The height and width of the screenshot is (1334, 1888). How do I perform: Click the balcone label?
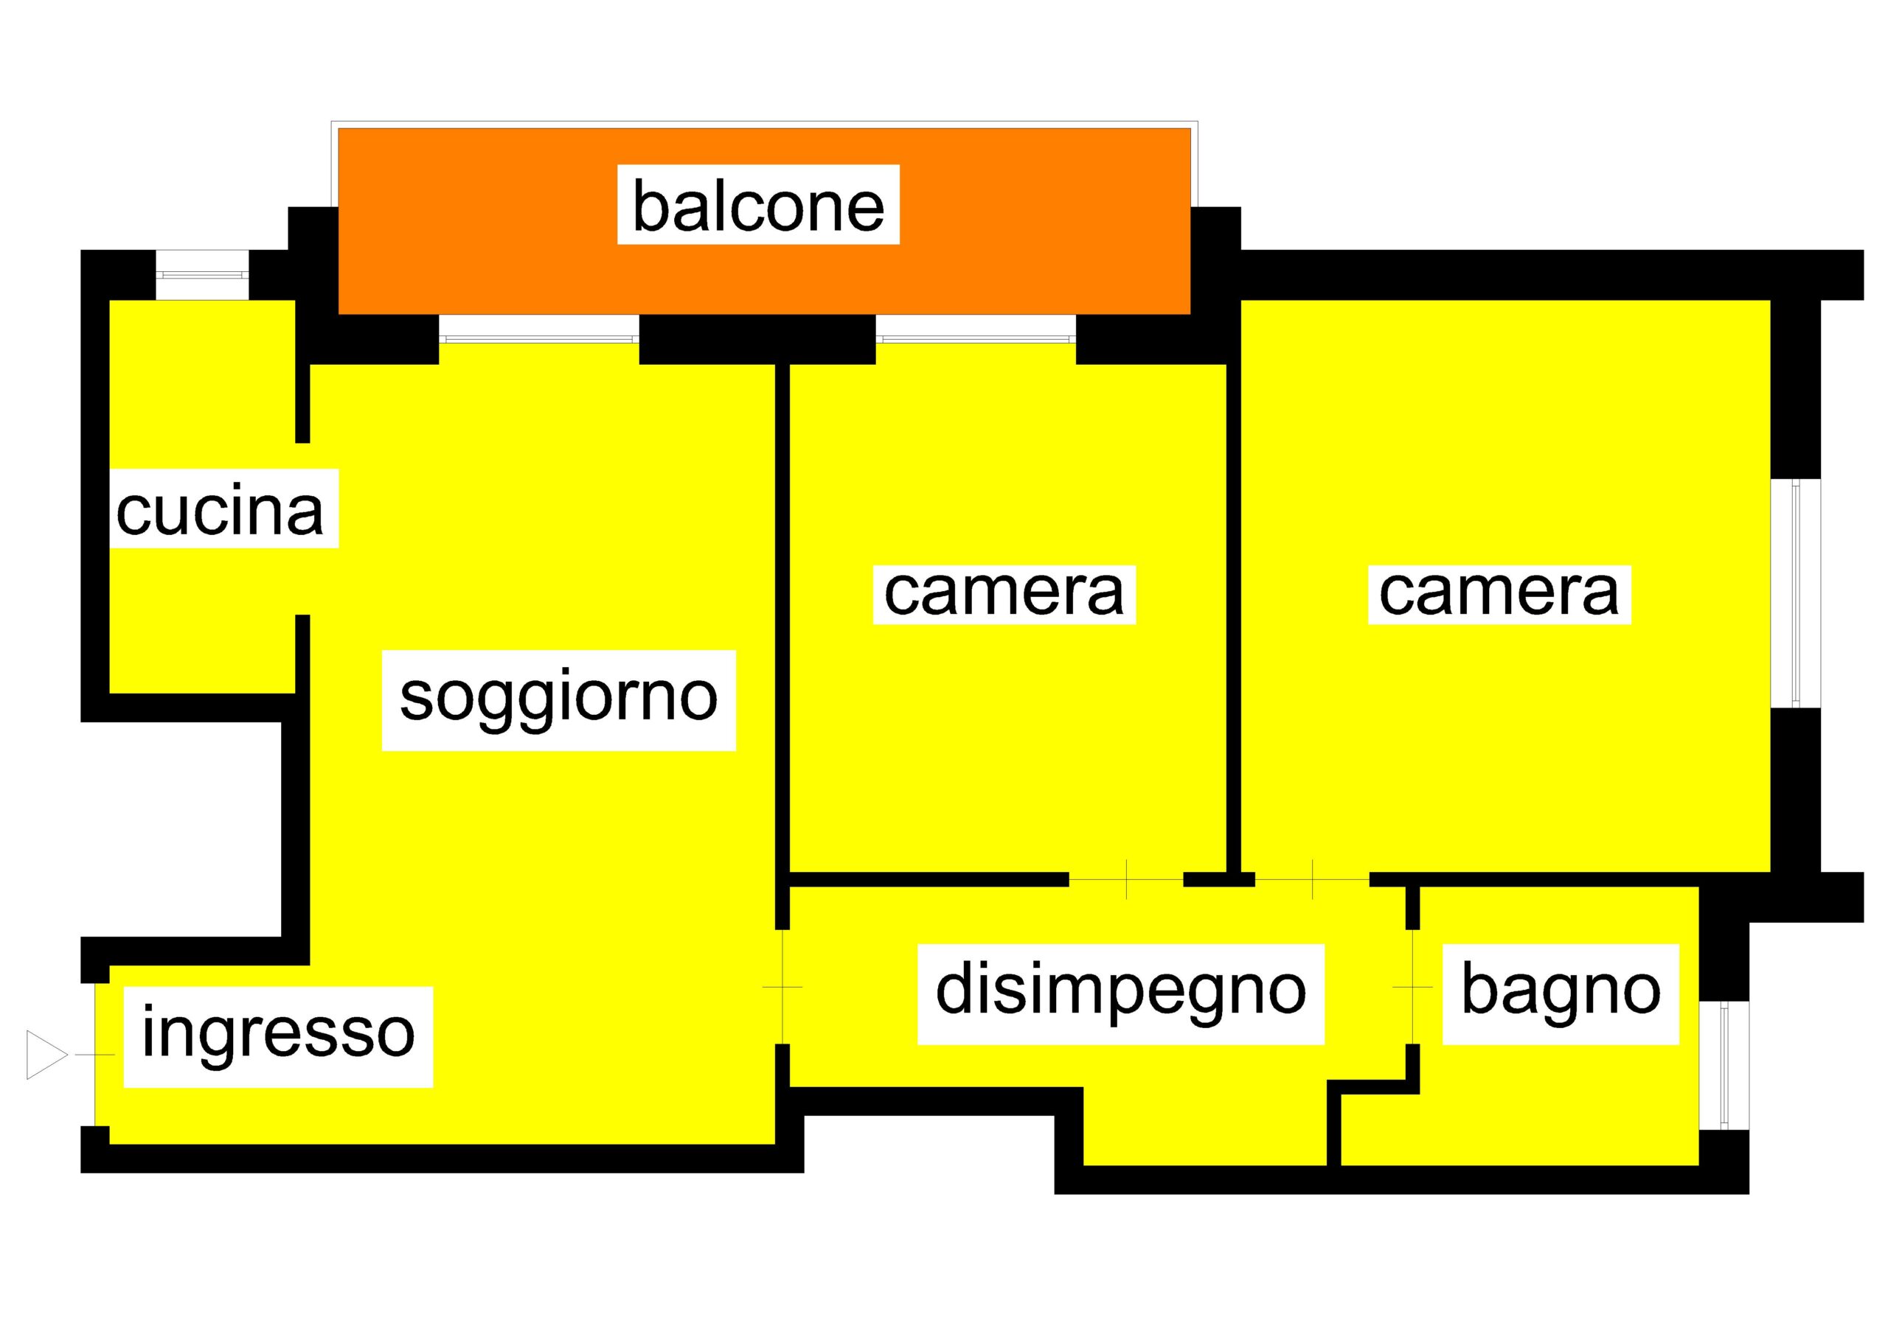(758, 205)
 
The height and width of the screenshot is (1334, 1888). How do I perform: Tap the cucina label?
(221, 509)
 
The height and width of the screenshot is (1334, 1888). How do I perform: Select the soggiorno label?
(558, 700)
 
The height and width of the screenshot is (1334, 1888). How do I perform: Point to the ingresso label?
(278, 1036)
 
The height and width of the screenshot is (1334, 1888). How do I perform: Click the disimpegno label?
(1121, 993)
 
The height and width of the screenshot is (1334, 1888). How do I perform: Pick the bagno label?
(1560, 993)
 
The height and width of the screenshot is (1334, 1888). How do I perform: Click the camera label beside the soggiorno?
(1004, 594)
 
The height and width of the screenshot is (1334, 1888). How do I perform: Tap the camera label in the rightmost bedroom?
(1499, 594)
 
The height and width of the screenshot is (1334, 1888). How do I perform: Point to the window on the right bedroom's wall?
(1796, 593)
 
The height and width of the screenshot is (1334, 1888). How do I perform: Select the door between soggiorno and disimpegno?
(782, 986)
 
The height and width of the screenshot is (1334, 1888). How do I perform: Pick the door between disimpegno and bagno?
(1413, 986)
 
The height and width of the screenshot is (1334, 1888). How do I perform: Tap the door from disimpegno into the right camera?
(1313, 879)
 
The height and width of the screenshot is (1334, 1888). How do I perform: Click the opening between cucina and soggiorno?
(302, 529)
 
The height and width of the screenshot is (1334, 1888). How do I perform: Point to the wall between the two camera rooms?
(1233, 618)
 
